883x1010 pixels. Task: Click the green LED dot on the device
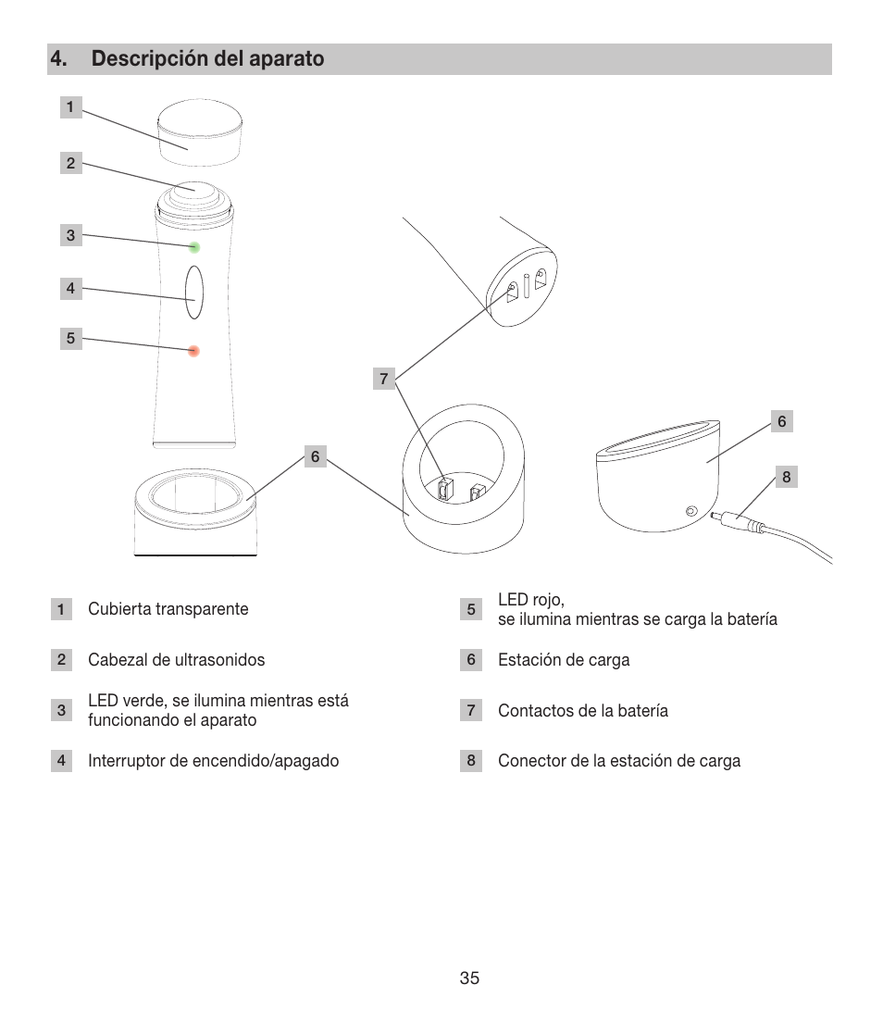[x=194, y=247]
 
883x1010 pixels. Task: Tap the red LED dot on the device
[x=194, y=351]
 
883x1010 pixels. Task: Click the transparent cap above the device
[x=200, y=125]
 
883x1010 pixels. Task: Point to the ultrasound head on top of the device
[x=193, y=187]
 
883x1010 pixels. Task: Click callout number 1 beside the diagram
[x=69, y=107]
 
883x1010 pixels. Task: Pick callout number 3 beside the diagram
[x=70, y=235]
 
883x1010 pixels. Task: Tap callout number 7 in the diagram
[x=384, y=378]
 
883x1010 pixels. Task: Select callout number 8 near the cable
[x=786, y=478]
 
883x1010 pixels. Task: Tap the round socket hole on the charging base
[x=690, y=511]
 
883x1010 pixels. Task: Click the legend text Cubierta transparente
[x=168, y=609]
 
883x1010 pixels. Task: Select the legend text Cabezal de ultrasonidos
[x=177, y=660]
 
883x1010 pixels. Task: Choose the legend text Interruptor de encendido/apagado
[x=214, y=761]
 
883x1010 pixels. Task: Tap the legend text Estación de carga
[x=564, y=660]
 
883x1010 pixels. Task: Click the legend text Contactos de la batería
[x=583, y=711]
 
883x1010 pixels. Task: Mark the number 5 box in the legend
[x=471, y=609]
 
